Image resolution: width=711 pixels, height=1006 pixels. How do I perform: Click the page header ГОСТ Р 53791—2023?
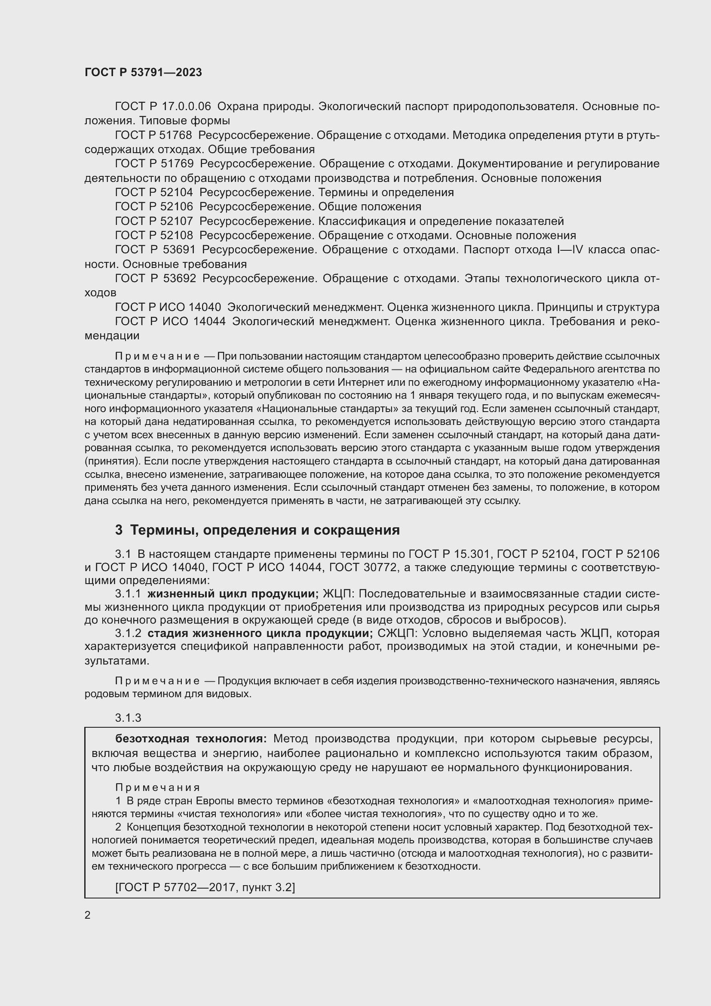143,73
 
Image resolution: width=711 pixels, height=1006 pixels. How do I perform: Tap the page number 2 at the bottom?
88,915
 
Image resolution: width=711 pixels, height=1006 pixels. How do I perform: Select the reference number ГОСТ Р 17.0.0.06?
162,107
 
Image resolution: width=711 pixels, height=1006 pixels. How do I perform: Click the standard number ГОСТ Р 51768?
153,135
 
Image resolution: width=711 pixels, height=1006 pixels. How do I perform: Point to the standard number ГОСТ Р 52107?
153,221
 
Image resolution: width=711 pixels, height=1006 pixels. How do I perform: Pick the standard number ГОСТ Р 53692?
156,278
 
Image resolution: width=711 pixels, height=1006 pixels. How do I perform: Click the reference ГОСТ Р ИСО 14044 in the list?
170,321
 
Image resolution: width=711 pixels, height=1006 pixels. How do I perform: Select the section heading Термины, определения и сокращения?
265,530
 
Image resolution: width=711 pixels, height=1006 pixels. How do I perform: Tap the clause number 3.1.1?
128,594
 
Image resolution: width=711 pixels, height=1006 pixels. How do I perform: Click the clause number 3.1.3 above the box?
128,718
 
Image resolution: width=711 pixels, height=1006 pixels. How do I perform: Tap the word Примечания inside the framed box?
158,788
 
